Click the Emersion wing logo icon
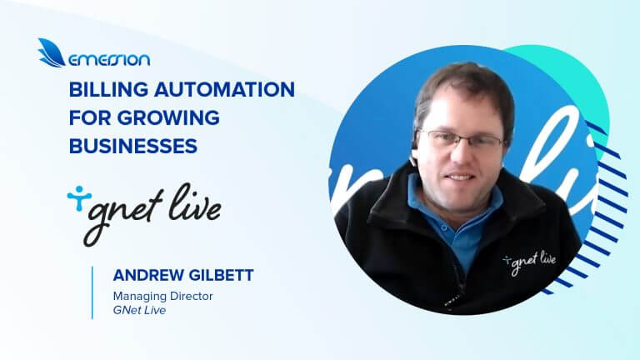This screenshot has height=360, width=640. click(51, 52)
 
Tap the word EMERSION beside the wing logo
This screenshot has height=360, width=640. click(109, 59)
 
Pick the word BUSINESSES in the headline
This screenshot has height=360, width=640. click(132, 146)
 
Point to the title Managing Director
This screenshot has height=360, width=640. click(157, 295)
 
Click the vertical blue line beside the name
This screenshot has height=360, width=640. click(92, 292)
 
